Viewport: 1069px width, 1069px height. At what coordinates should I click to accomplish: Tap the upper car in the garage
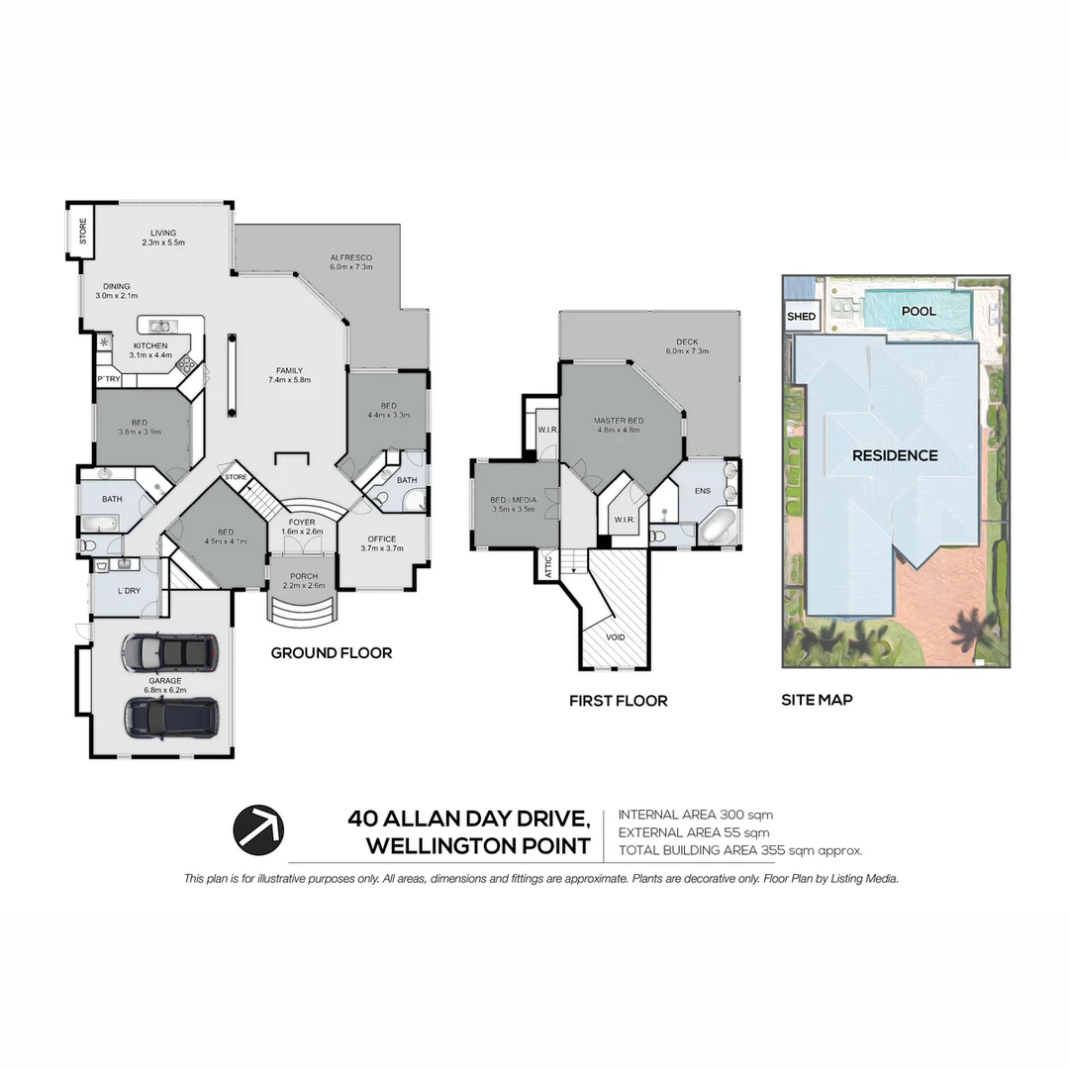point(167,651)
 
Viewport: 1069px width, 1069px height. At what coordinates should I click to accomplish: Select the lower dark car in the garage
point(171,717)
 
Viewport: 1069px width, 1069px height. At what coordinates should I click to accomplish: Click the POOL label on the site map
point(918,311)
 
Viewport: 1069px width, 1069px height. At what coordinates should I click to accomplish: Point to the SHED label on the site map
point(801,317)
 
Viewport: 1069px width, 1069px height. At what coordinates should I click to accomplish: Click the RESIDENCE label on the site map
point(895,455)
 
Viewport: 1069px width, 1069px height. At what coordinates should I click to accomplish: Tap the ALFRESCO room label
point(350,256)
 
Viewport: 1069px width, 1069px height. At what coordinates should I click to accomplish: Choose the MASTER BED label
point(619,421)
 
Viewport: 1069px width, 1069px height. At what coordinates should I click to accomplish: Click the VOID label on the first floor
point(615,638)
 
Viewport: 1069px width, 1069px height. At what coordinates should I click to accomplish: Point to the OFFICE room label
point(381,538)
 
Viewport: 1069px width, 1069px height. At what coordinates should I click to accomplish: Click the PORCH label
point(303,575)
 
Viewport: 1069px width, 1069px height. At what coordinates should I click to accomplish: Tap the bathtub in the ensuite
point(718,528)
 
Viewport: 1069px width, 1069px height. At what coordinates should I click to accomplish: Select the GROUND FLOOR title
point(331,653)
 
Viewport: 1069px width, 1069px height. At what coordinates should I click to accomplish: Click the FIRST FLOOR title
point(618,701)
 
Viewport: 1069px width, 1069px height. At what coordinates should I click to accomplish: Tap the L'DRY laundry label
point(128,591)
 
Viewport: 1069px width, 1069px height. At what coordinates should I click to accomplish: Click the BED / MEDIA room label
point(513,500)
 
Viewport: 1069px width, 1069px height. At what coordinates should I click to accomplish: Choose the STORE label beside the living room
point(83,231)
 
